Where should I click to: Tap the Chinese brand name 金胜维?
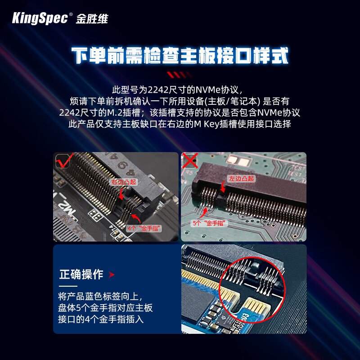[x=92, y=19]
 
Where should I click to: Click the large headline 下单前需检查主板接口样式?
[x=180, y=55]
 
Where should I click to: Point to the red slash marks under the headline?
[x=179, y=75]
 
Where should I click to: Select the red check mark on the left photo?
[x=65, y=160]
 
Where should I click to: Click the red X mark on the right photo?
[x=190, y=161]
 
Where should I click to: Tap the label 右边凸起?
[x=124, y=182]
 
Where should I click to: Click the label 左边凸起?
[x=241, y=178]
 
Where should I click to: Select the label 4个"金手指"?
[x=144, y=228]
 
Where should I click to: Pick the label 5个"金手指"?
[x=209, y=223]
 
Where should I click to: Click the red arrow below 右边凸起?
[x=122, y=193]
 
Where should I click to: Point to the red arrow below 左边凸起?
[x=223, y=186]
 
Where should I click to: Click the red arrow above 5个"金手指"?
[x=204, y=212]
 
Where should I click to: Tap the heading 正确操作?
[x=81, y=274]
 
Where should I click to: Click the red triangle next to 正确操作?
[x=111, y=274]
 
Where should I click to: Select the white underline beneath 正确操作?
[x=68, y=286]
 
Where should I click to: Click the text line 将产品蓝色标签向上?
[x=100, y=297]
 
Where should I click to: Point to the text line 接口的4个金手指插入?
[x=101, y=319]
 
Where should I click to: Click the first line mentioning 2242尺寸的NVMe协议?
[x=177, y=90]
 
